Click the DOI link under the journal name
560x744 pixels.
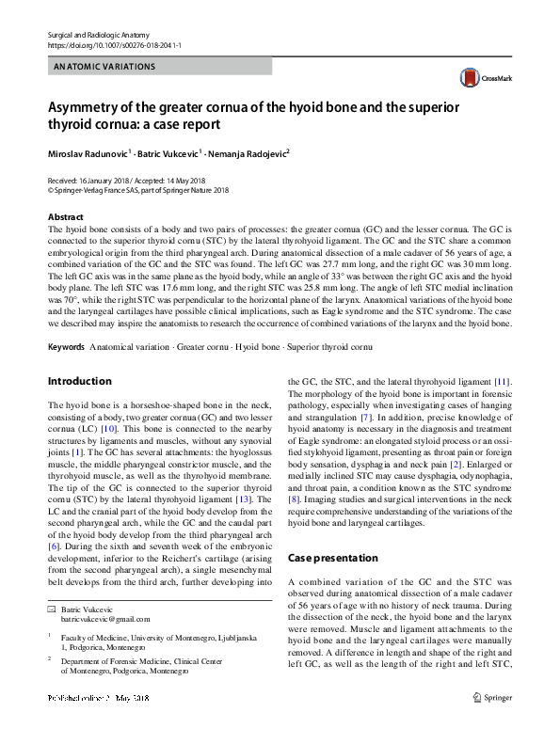[x=113, y=45]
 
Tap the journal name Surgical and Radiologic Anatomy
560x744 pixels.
[x=97, y=34]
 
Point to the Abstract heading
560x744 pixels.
[x=65, y=217]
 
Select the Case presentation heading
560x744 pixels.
[x=332, y=558]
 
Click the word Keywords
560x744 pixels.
[x=66, y=347]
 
